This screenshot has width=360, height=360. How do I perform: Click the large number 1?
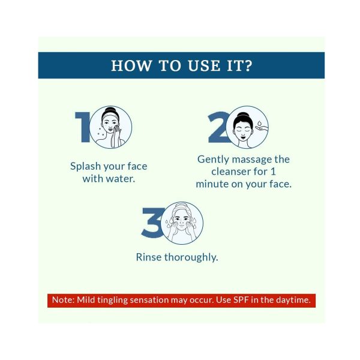point(83,127)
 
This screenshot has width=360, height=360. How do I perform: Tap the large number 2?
point(218,127)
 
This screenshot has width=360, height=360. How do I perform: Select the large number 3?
point(152,223)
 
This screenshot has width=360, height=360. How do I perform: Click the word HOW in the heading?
point(131,65)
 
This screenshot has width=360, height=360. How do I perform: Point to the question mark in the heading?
point(248,65)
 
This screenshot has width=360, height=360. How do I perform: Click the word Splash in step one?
point(85,166)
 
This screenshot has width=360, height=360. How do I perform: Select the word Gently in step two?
point(213,160)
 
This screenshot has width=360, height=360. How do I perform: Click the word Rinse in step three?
point(149,257)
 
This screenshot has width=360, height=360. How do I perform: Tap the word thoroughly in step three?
point(191,257)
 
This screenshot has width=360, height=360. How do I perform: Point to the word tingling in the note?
point(112,301)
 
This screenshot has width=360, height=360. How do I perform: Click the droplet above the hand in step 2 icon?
point(259,124)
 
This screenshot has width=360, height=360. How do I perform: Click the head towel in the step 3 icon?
point(181,208)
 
